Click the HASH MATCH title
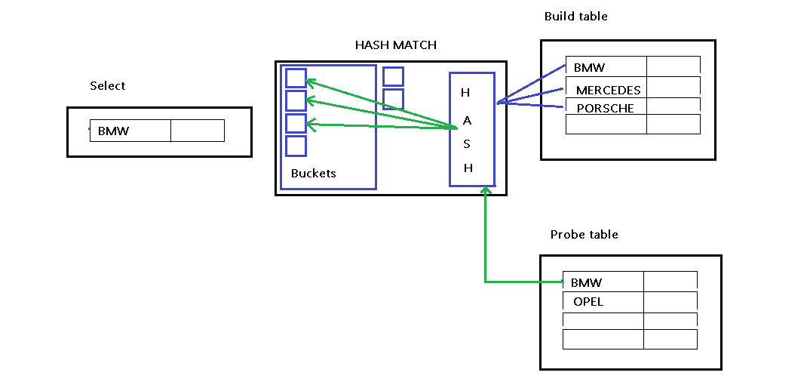(395, 45)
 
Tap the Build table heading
(575, 17)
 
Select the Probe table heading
(584, 235)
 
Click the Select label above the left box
(107, 86)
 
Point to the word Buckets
(313, 174)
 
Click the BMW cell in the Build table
(606, 67)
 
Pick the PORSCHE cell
(605, 108)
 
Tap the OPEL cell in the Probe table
(603, 302)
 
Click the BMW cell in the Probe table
(603, 282)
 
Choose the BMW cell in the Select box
(130, 131)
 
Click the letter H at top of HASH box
(465, 93)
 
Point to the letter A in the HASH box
(467, 120)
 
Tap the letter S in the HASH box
(467, 144)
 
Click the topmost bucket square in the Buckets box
(296, 78)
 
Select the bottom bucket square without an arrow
(296, 146)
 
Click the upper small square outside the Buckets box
(393, 76)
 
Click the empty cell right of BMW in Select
(197, 131)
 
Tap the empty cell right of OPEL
(670, 302)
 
